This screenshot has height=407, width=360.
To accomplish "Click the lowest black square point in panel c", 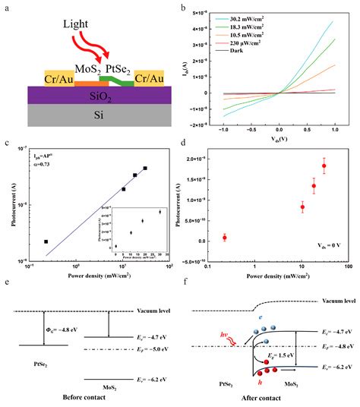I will (x=46, y=241).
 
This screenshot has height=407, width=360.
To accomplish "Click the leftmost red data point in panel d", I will (x=225, y=238).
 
